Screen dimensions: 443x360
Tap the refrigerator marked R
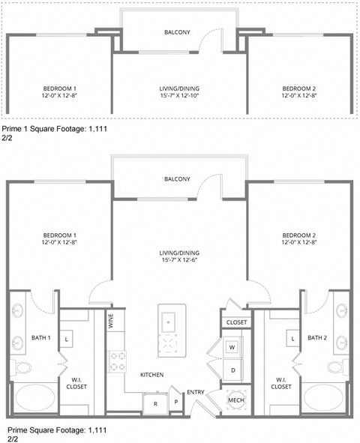(154, 403)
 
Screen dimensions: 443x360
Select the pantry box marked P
(175, 402)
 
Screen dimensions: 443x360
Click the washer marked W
(232, 347)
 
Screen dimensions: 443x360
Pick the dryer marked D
(232, 370)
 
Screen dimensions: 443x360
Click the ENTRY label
(195, 392)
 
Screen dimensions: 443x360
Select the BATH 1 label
(40, 337)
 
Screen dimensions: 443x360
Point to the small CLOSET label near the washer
(235, 322)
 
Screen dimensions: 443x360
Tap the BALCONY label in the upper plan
(177, 32)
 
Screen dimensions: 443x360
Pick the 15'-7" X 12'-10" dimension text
(178, 96)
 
